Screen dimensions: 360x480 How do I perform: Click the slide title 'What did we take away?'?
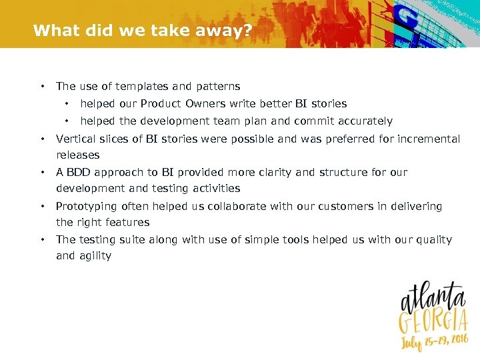[x=142, y=30]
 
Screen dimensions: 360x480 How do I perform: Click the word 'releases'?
[x=78, y=155]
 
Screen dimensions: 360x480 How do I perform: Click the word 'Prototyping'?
[x=87, y=207]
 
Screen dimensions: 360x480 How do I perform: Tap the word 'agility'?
[x=95, y=256]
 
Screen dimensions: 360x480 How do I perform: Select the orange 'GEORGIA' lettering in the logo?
[x=434, y=323]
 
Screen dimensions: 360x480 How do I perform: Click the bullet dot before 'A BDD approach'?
[x=42, y=172]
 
